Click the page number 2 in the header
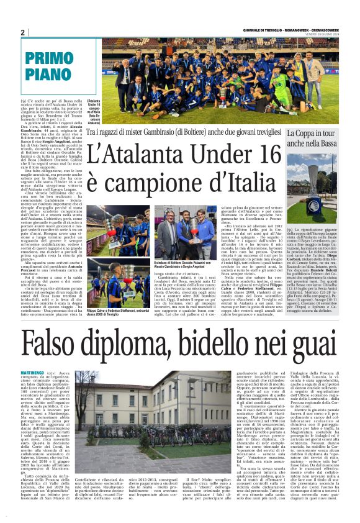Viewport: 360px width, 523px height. pos(22,32)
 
